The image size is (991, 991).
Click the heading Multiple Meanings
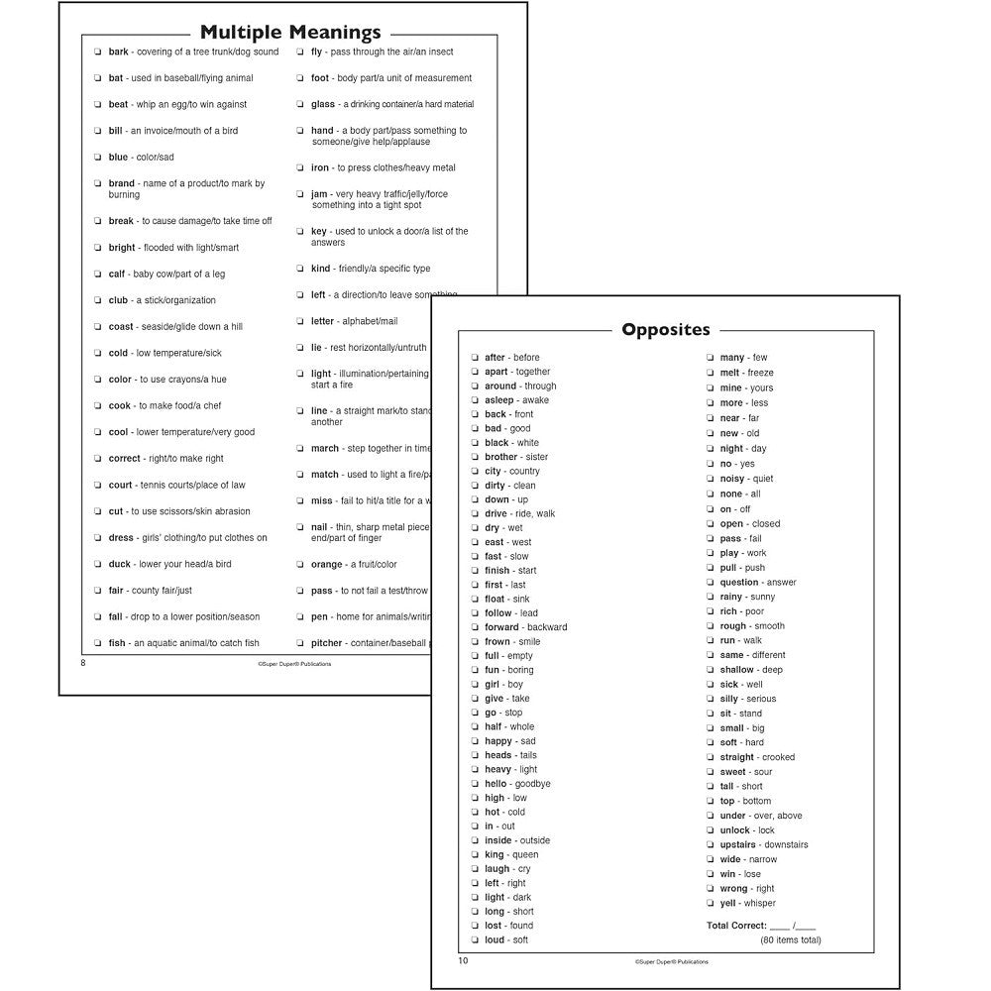(x=290, y=32)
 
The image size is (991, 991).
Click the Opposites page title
(x=665, y=329)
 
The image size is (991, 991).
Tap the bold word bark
(x=118, y=52)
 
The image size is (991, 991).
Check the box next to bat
(x=97, y=78)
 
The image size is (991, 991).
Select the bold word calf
(x=117, y=274)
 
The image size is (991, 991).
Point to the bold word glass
(x=323, y=104)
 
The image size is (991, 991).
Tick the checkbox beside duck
(x=97, y=565)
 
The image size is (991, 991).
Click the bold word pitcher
(x=327, y=643)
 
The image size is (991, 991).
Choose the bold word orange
(x=326, y=565)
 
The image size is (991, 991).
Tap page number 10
(x=463, y=960)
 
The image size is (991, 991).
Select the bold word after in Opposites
(x=495, y=358)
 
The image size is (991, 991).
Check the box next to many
(x=710, y=358)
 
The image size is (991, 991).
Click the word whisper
(x=759, y=903)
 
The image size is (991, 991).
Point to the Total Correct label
(x=736, y=926)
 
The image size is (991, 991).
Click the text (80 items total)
(x=790, y=939)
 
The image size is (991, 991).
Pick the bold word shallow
(x=736, y=670)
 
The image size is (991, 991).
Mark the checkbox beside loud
(x=475, y=940)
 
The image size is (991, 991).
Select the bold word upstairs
(x=739, y=844)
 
